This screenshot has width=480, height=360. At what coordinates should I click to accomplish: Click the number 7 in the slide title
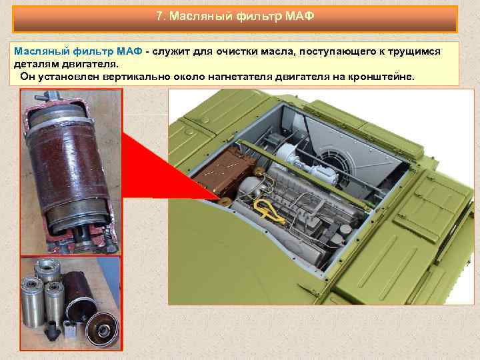[159, 17]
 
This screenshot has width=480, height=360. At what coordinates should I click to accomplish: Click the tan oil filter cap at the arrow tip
[225, 199]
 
